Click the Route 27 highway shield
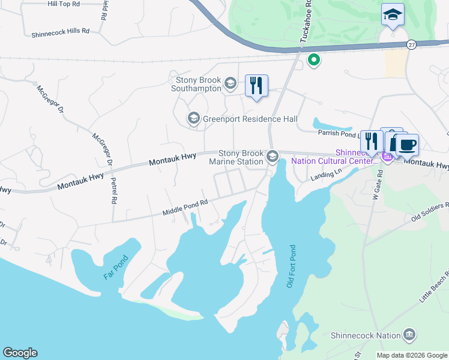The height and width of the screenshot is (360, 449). point(411,44)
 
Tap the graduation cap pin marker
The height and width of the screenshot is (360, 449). point(393,15)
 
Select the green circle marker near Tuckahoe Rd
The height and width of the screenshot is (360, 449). point(313,59)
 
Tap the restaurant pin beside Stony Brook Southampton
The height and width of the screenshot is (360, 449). point(256,86)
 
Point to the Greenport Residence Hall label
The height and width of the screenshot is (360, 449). point(250,119)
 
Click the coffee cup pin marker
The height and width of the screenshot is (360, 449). point(407,145)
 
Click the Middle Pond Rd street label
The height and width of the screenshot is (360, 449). point(185,208)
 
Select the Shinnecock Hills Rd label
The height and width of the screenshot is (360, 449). point(60,30)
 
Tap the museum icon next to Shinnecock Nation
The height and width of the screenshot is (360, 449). point(409,334)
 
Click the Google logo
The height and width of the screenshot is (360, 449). point(20,353)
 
